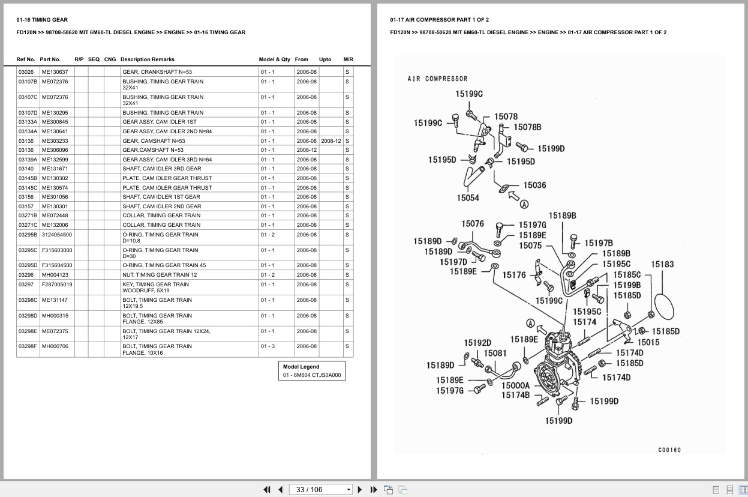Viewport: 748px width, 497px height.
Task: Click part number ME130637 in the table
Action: [55, 72]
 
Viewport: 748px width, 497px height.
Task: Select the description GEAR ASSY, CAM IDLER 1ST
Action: [160, 122]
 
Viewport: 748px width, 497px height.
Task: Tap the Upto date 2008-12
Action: [331, 141]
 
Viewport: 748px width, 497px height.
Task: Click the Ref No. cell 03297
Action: [26, 285]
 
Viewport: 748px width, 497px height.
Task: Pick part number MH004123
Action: [55, 275]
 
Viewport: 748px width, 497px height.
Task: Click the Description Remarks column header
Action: [148, 59]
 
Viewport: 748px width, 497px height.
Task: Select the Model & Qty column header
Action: [275, 59]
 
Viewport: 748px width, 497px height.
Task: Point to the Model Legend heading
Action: [301, 367]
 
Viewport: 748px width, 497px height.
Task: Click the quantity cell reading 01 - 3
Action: [268, 346]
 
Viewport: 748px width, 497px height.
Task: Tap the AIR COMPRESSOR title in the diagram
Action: [437, 79]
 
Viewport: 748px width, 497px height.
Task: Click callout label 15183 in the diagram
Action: [662, 264]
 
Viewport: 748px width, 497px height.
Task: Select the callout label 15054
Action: [468, 198]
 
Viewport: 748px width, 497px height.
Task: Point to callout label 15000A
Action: [515, 385]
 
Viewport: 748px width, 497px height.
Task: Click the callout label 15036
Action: [534, 185]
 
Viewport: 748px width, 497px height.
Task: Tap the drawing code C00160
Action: [669, 450]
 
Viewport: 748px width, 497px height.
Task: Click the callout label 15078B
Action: [527, 127]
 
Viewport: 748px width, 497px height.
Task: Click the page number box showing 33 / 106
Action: [320, 490]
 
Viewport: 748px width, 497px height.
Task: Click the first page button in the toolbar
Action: [267, 490]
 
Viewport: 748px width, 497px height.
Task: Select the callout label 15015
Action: [648, 342]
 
